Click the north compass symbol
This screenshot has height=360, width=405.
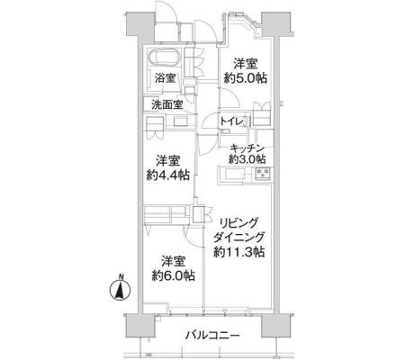[120, 290]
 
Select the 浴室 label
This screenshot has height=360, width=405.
[165, 78]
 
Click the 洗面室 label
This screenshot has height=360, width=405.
[167, 104]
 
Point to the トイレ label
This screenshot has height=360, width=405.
[231, 121]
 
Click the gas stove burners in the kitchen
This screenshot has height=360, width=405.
[264, 174]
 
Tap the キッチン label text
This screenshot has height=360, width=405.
[247, 148]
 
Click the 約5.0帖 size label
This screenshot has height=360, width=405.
[246, 78]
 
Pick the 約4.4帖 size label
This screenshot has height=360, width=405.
[168, 175]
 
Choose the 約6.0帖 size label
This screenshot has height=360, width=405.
[173, 275]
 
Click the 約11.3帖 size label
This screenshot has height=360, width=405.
[239, 252]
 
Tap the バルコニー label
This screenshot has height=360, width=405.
[212, 335]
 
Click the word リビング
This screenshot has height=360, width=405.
[238, 223]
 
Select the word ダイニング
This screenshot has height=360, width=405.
[239, 238]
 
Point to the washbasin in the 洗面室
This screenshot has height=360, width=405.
[181, 121]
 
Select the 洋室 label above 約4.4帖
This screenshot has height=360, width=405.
[168, 161]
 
